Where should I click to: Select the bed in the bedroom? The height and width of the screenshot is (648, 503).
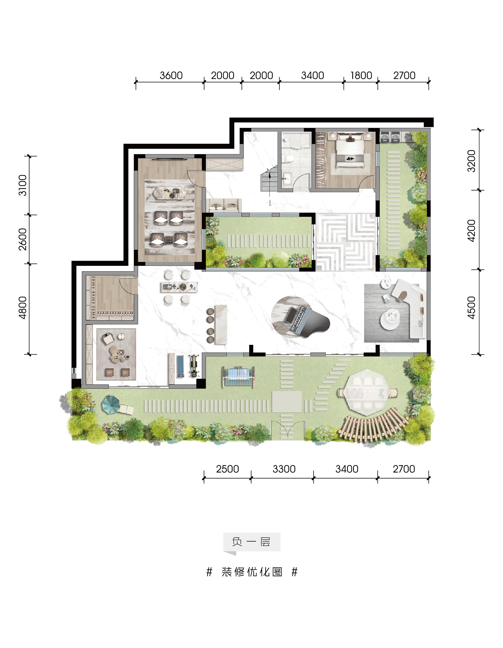(x=350, y=150)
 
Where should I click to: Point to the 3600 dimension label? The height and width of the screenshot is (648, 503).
(x=171, y=75)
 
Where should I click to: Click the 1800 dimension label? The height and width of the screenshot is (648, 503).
(x=361, y=75)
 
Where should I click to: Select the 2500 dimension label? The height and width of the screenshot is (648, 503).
(x=227, y=469)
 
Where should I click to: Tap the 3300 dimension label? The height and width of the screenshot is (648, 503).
(x=284, y=469)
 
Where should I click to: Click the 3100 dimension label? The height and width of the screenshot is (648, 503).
(x=22, y=185)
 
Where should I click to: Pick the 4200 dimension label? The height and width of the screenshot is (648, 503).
(x=471, y=230)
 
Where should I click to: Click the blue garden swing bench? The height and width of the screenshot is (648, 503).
(x=238, y=377)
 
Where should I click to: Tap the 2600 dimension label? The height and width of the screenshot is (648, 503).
(x=22, y=239)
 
